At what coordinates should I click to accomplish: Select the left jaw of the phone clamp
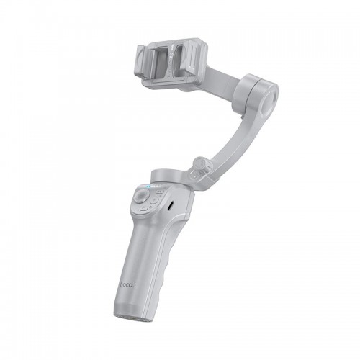coord(145,63)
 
